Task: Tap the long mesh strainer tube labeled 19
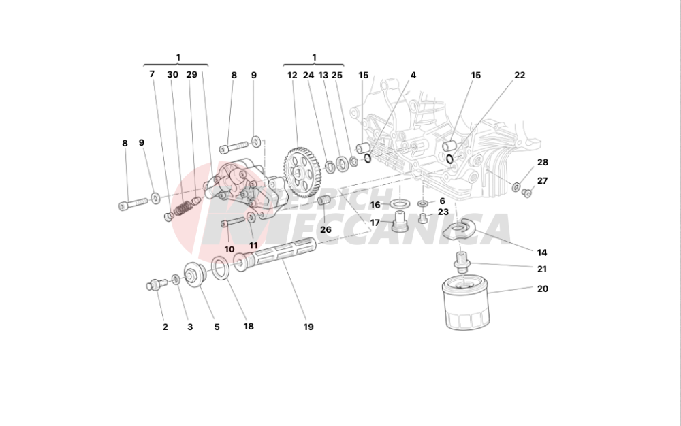click(x=279, y=256)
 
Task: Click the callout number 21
click(x=542, y=269)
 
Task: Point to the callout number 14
click(x=542, y=251)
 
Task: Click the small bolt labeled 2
click(x=153, y=285)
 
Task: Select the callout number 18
click(x=249, y=327)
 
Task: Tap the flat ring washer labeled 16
click(x=401, y=203)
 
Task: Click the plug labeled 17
click(x=401, y=221)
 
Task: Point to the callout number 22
click(x=520, y=76)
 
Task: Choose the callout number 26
click(x=326, y=230)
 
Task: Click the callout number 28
click(x=542, y=163)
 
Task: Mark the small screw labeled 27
click(x=526, y=193)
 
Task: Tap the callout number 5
click(x=217, y=327)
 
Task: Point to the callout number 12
click(x=292, y=76)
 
